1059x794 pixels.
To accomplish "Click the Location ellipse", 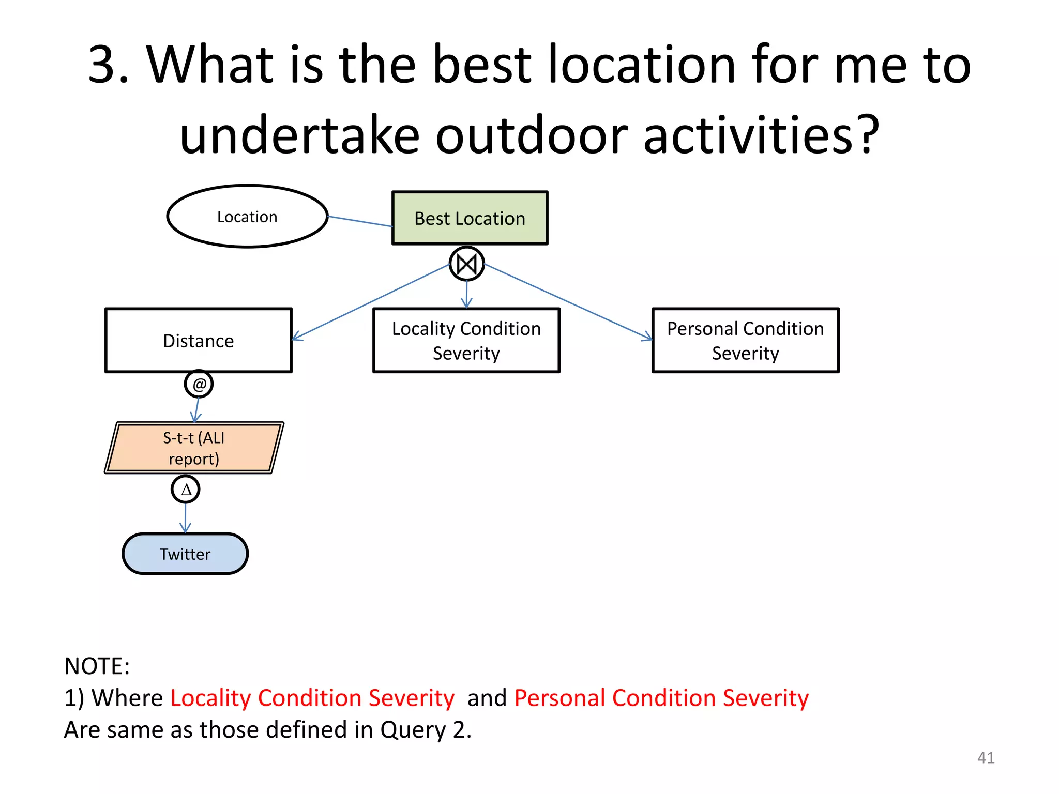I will (247, 216).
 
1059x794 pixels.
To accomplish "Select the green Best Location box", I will (470, 218).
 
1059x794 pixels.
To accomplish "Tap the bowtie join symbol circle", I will (466, 264).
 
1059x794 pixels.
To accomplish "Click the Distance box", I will (199, 341).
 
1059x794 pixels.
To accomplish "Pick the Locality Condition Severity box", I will (466, 341).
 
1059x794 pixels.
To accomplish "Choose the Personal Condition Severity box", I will (745, 341).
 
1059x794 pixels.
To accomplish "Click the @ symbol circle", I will (199, 384).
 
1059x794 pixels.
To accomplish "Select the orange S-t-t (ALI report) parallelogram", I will (194, 448).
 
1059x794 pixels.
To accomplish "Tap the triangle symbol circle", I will (186, 489).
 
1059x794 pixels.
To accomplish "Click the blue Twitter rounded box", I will (185, 554).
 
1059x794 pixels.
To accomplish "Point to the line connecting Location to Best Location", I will (360, 221).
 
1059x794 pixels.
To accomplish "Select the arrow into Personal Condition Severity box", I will (569, 302).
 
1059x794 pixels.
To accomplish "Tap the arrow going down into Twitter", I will (186, 518).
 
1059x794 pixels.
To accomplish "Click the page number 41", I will (986, 757).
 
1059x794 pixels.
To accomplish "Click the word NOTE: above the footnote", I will (97, 666).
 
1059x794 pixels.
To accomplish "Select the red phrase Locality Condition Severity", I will (312, 698).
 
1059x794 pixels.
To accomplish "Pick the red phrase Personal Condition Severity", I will (661, 698).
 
